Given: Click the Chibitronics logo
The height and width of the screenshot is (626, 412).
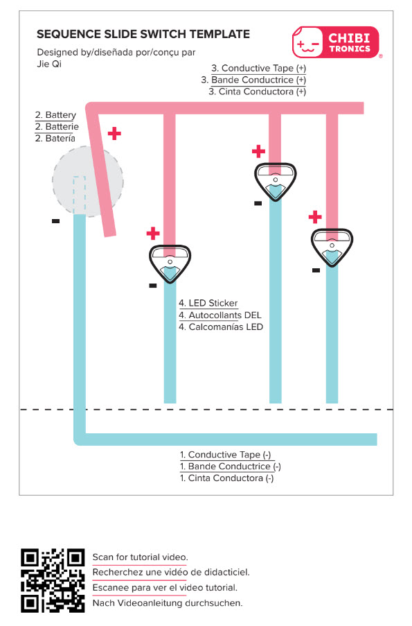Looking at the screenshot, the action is point(335,42).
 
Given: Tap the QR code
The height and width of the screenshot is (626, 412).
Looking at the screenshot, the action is point(53,580).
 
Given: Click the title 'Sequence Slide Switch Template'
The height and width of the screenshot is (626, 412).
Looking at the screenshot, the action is point(143,35).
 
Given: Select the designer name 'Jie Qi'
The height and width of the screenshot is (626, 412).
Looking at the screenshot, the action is point(49,64).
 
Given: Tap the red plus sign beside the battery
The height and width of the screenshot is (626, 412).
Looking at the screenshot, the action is point(114,134).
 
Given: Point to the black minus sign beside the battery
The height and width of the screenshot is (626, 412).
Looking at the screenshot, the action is point(56,220).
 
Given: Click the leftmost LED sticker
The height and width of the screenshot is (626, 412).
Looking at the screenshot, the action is point(170,263).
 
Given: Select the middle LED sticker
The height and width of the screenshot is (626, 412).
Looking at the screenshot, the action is point(275,182).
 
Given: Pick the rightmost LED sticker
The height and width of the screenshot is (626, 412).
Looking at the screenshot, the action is point(332,247).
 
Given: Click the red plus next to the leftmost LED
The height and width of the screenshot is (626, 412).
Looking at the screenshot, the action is point(153,234).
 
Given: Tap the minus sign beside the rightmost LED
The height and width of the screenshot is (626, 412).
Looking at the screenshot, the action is point(316,270).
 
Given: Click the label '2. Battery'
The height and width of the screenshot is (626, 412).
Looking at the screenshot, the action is point(55,115).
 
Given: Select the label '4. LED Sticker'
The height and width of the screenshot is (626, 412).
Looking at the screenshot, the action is point(208,304).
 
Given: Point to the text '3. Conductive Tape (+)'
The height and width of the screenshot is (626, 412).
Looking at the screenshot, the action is point(258,68).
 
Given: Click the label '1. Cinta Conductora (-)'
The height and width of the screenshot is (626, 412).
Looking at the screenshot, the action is point(226,478).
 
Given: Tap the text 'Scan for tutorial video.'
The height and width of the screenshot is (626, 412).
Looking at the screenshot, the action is point(141,557).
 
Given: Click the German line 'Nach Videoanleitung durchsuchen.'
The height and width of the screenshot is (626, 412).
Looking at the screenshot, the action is point(168,603).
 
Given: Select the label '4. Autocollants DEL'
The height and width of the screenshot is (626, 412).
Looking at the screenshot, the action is point(220,315).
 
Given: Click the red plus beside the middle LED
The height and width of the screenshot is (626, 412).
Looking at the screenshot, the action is point(258,151).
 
